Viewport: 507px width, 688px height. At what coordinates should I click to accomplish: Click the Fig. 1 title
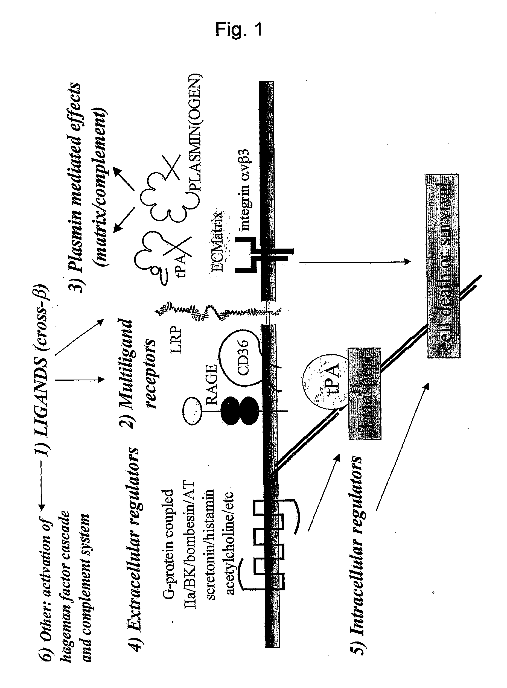point(238,30)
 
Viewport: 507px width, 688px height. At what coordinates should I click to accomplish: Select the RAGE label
point(212,385)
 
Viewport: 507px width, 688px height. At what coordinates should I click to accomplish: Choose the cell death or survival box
point(444,266)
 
